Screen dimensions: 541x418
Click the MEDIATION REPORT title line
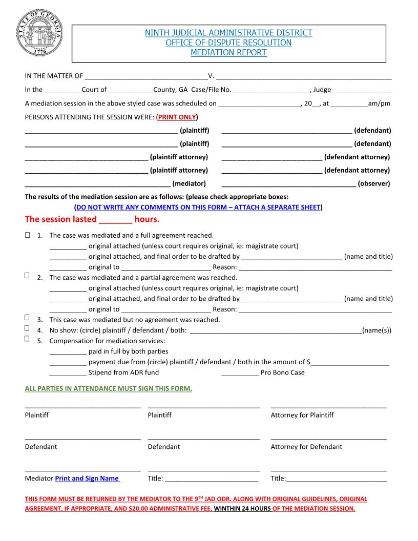pyautogui.click(x=228, y=53)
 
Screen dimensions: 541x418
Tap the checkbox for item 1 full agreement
pyautogui.click(x=27, y=235)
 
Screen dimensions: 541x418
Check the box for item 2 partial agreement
pyautogui.click(x=27, y=276)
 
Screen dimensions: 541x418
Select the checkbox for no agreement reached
pyautogui.click(x=27, y=318)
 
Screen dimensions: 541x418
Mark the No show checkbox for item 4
pyautogui.click(x=27, y=328)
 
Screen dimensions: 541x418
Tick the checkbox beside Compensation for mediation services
pyautogui.click(x=27, y=339)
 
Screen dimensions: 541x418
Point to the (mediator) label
pyautogui.click(x=189, y=183)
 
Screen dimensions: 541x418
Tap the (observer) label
pyautogui.click(x=373, y=183)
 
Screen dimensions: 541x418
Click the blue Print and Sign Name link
pyautogui.click(x=87, y=478)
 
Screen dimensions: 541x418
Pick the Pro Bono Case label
pyautogui.click(x=282, y=372)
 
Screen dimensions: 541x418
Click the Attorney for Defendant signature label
pyautogui.click(x=306, y=447)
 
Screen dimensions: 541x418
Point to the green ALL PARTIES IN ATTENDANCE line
pyautogui.click(x=109, y=388)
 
